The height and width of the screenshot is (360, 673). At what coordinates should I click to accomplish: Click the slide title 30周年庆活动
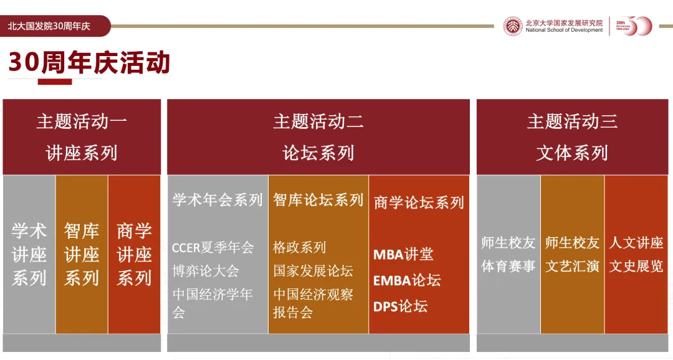(x=89, y=62)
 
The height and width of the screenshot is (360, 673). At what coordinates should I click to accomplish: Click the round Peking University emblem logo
(x=513, y=26)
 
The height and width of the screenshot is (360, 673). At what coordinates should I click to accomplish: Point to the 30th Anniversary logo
(x=634, y=26)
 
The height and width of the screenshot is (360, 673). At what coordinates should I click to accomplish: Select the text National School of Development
(x=564, y=31)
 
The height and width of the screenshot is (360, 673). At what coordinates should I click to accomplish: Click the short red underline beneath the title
(x=54, y=82)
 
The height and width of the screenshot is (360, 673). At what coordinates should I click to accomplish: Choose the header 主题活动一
(x=82, y=121)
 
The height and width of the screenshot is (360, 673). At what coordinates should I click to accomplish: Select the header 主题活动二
(x=318, y=121)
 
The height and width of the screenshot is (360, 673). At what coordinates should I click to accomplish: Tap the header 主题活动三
(x=572, y=121)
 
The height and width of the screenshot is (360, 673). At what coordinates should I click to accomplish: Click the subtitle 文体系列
(x=572, y=153)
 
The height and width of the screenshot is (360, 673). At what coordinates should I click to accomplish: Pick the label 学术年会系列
(x=217, y=200)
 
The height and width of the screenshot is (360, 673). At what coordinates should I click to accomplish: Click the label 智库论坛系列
(x=318, y=200)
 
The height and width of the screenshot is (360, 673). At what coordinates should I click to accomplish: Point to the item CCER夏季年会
(x=213, y=248)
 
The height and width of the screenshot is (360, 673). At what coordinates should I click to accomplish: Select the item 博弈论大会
(x=206, y=271)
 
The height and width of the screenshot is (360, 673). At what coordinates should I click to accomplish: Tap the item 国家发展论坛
(x=313, y=271)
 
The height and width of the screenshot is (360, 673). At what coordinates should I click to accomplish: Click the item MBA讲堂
(x=403, y=255)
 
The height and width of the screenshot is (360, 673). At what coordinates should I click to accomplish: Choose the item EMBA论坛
(x=407, y=280)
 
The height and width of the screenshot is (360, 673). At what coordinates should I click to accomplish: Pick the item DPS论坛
(x=400, y=306)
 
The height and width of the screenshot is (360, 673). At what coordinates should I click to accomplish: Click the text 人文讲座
(x=636, y=243)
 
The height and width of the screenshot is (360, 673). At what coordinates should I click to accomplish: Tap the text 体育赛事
(x=508, y=267)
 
